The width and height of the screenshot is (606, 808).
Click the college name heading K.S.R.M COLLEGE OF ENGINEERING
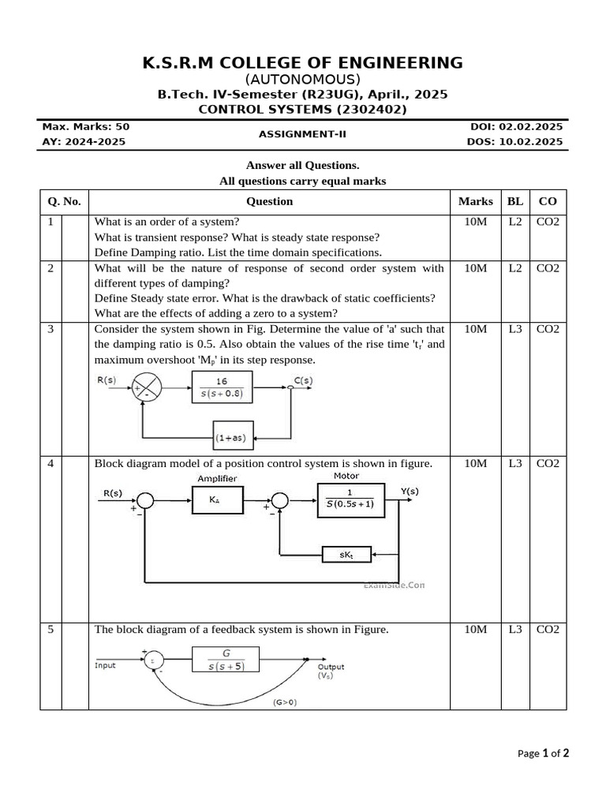coord(303,62)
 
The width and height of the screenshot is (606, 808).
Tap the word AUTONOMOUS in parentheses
coord(303,79)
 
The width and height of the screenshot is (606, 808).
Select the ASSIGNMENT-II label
coord(303,134)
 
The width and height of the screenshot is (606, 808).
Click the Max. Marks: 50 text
coord(86,126)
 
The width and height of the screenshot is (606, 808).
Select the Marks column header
coord(476,201)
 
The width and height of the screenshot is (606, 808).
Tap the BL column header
coord(514,201)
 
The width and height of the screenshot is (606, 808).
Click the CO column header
coord(548,201)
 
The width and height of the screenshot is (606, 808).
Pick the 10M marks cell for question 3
coord(476,329)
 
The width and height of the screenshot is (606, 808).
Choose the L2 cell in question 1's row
coord(514,222)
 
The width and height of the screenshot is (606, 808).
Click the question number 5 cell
coord(50,629)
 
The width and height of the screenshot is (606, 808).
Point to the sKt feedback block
coord(348,555)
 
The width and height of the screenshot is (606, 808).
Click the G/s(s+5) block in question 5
coord(227,660)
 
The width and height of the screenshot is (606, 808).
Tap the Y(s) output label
coord(410,492)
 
